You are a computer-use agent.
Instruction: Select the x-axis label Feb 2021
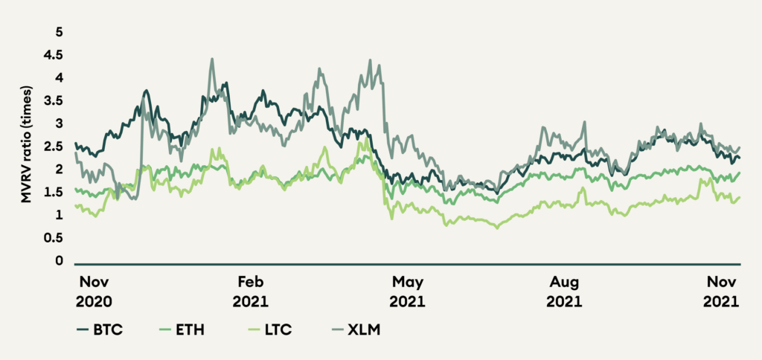click(251, 292)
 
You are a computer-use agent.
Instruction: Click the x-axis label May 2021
click(408, 292)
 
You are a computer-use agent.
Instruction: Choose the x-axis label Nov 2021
click(720, 292)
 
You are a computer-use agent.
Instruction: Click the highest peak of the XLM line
click(212, 59)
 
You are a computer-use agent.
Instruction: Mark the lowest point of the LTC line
click(496, 228)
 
